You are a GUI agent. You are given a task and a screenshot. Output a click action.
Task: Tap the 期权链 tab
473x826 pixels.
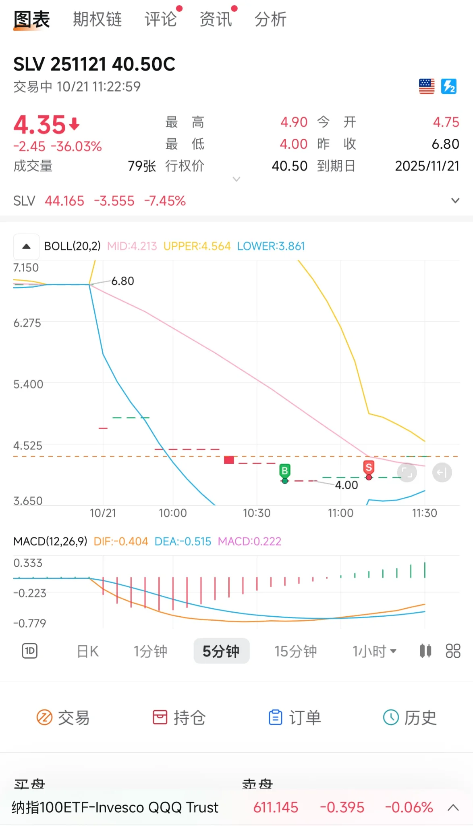[x=97, y=19]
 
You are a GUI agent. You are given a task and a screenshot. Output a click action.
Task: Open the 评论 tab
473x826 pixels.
[x=161, y=19]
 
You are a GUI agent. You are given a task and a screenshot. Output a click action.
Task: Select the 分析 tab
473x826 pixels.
[x=270, y=19]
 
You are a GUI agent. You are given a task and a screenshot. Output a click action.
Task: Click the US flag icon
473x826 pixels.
[x=427, y=86]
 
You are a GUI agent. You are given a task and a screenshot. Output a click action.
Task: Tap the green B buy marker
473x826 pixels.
[x=285, y=471]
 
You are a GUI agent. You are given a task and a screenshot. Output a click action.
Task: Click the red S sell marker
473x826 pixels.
[x=369, y=468]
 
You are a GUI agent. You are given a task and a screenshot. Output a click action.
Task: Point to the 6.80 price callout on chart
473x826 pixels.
[x=122, y=281]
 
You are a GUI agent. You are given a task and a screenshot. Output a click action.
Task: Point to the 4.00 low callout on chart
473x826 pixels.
[x=346, y=485]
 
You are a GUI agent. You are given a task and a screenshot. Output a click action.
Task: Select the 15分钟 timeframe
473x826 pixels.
[x=296, y=651]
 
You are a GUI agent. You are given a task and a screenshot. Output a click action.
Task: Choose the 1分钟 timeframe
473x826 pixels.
[x=150, y=651]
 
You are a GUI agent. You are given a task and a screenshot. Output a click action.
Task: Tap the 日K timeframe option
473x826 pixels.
[x=88, y=651]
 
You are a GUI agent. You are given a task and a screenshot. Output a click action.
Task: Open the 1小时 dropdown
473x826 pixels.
[x=374, y=651]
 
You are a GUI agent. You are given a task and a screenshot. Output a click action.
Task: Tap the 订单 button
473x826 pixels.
[x=295, y=718]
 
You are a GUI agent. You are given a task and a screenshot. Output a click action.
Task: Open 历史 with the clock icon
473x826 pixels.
[x=409, y=718]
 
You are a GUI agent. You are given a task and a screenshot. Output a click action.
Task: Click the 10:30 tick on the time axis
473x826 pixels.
[x=257, y=513]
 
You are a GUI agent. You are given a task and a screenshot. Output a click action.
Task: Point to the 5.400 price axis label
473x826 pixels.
[x=28, y=384]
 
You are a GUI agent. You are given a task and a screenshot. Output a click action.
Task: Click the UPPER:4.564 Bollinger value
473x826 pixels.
[x=197, y=246]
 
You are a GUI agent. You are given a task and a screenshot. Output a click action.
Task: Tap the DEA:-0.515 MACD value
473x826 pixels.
[x=183, y=541]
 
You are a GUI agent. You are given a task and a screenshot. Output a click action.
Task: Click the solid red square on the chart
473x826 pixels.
[x=229, y=460]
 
